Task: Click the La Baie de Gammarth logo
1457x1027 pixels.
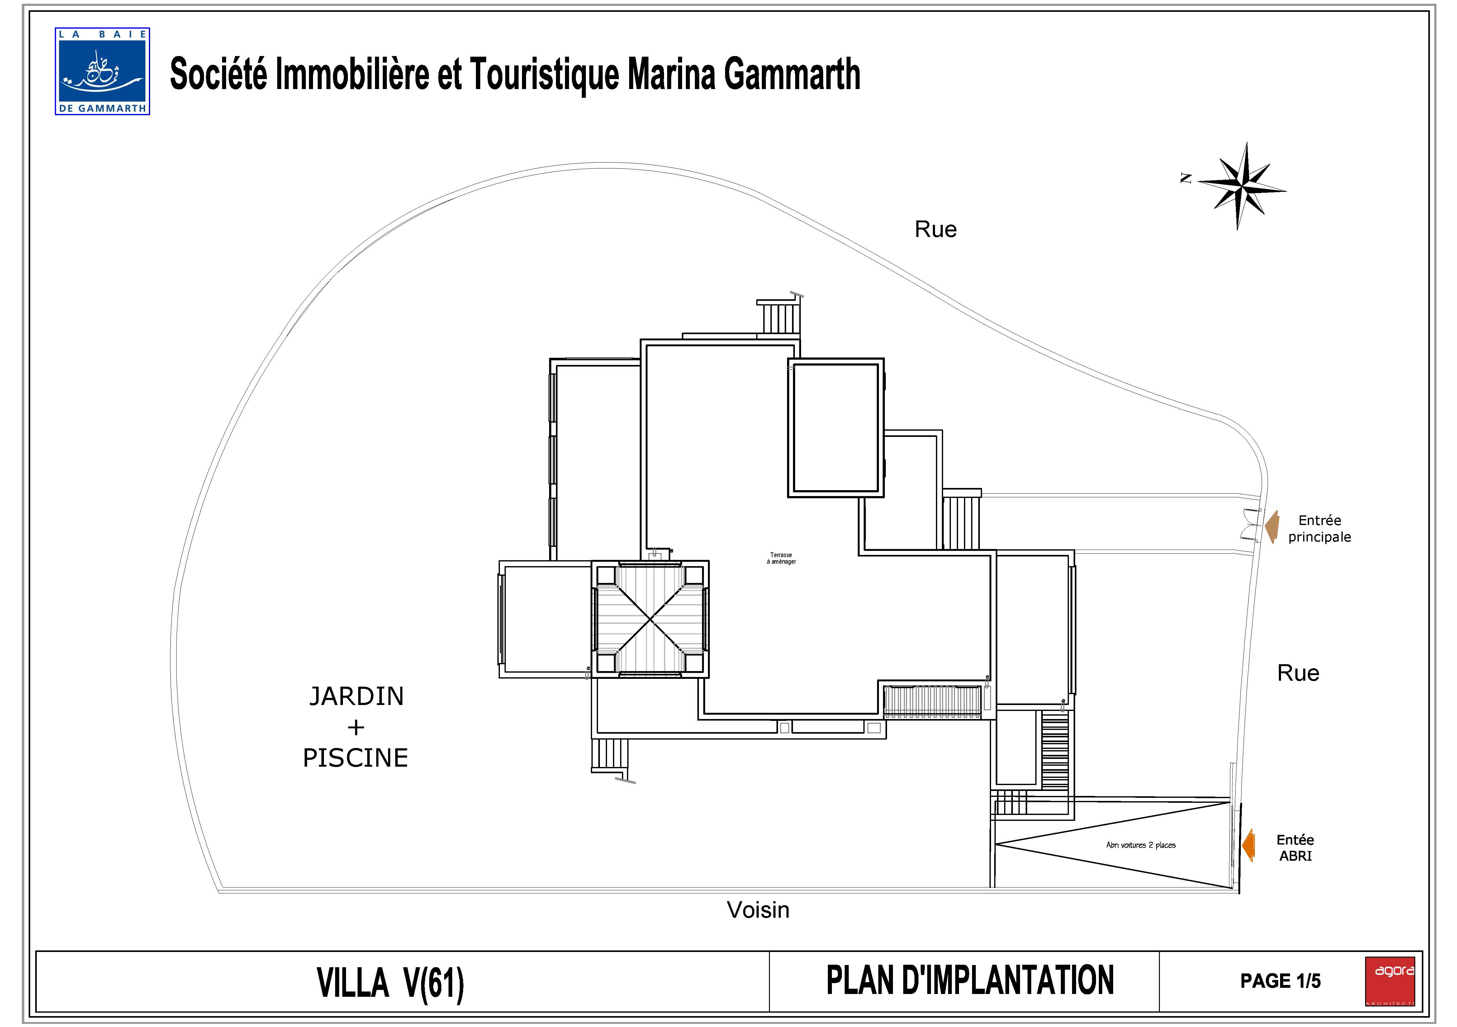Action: tap(102, 71)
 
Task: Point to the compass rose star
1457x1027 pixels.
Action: tap(1241, 185)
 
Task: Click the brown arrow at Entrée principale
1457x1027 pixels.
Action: tap(1272, 527)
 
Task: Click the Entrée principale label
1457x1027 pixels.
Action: tap(1319, 528)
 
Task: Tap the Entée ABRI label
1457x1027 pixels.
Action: tap(1295, 848)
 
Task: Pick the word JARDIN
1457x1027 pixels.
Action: tap(356, 697)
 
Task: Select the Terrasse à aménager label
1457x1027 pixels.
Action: tap(781, 558)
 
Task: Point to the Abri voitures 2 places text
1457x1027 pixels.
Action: tap(1140, 845)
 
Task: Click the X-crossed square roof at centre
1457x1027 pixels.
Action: tap(650, 619)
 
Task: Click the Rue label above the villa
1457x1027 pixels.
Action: tap(935, 230)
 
